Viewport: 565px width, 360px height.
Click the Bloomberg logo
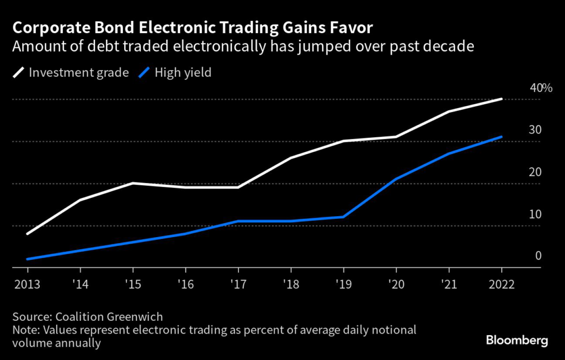(x=517, y=340)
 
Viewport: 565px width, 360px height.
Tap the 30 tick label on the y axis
(x=535, y=130)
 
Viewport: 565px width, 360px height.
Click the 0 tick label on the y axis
(x=538, y=256)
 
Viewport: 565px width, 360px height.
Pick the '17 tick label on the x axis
(x=238, y=284)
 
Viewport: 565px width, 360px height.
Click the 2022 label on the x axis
(x=501, y=284)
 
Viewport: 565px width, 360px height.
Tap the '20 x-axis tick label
(x=396, y=284)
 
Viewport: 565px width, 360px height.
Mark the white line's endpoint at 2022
(x=501, y=99)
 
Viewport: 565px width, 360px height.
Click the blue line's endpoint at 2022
(x=501, y=137)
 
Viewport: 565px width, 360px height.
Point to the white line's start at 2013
(x=28, y=234)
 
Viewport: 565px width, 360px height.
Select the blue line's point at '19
(x=343, y=217)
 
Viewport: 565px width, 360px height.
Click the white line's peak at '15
(x=133, y=183)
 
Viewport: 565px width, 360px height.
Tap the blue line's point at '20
(x=396, y=179)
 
